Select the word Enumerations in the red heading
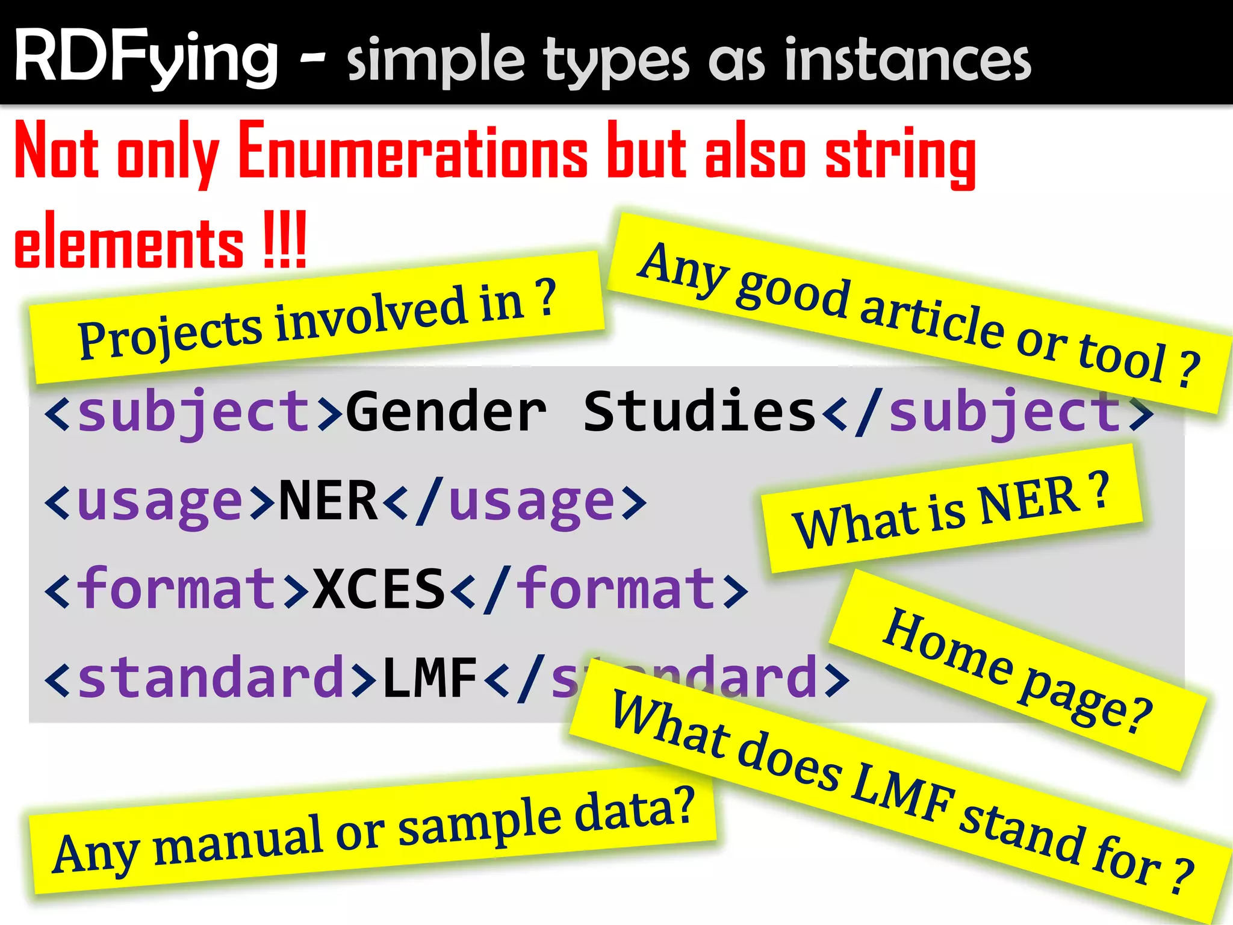(x=412, y=151)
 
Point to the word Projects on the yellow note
(x=169, y=337)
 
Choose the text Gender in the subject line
(x=446, y=413)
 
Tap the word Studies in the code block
(x=698, y=413)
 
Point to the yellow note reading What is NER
(x=951, y=509)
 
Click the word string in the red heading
(x=900, y=154)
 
